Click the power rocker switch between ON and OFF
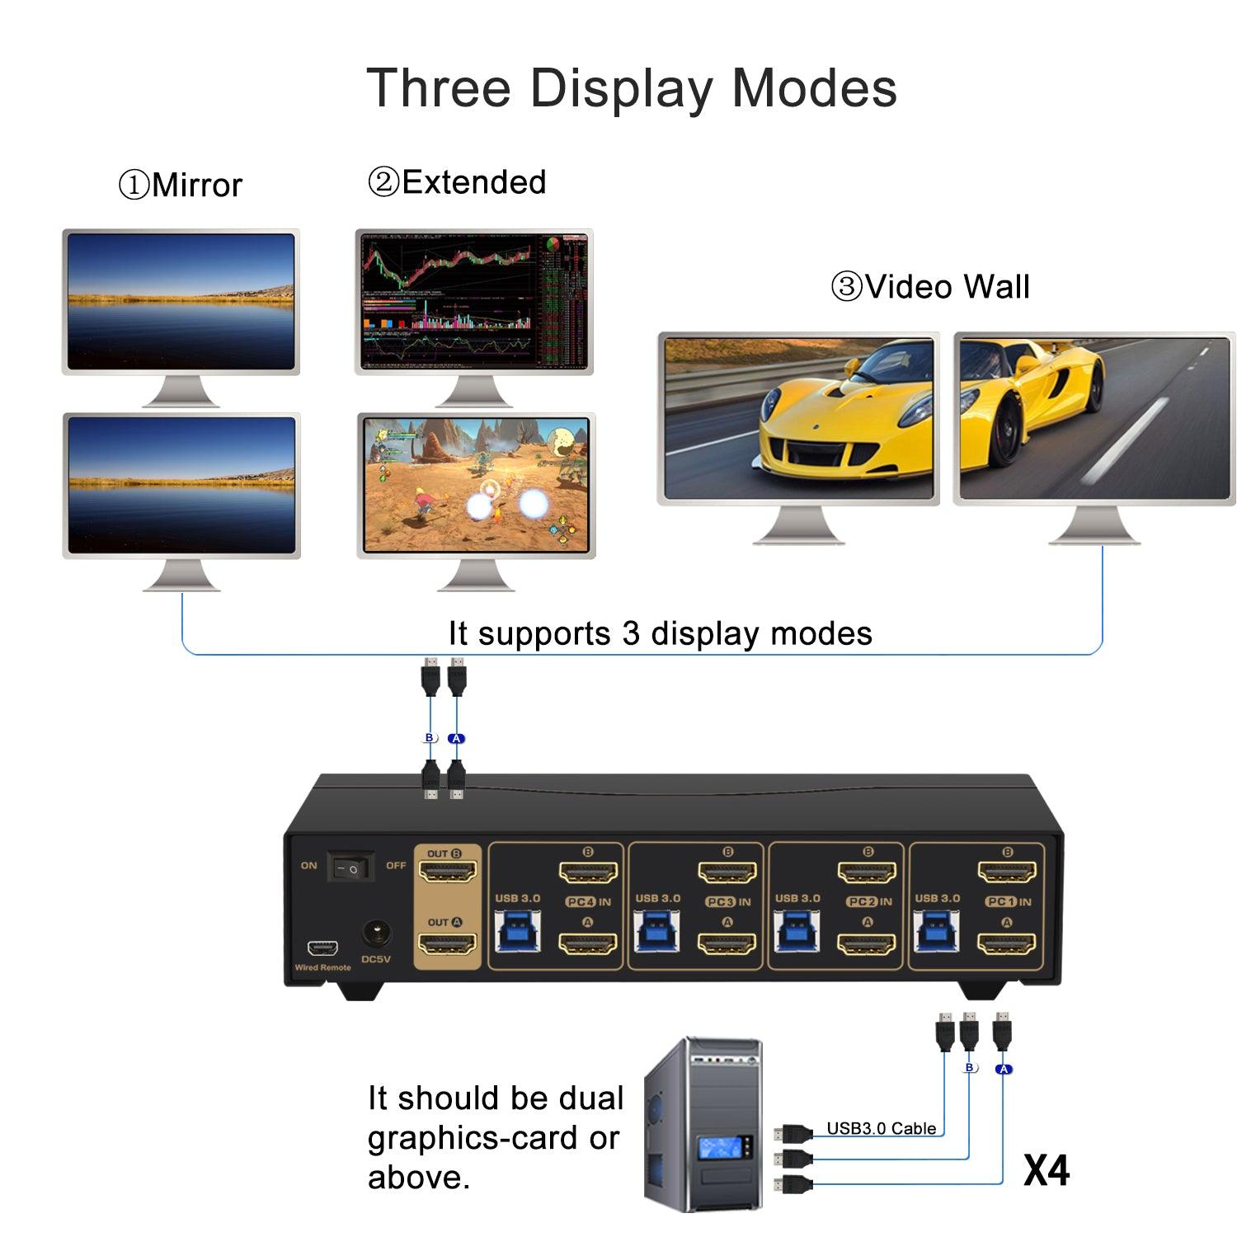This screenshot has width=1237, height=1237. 350,867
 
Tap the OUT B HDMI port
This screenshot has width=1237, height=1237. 449,871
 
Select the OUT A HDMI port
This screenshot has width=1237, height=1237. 449,943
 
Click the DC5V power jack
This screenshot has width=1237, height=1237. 376,934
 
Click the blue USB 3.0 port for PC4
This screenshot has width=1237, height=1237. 518,933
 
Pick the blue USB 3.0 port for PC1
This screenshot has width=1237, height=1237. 937,933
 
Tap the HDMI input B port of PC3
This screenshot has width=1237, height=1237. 727,872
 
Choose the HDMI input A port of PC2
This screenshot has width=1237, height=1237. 867,943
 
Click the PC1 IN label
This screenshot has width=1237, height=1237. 1008,902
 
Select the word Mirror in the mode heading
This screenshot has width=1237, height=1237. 196,186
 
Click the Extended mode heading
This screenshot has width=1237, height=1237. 458,182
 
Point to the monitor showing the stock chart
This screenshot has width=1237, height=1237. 474,301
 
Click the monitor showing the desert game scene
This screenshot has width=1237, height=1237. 476,485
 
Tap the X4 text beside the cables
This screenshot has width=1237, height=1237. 1046,1170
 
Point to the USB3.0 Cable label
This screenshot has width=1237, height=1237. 881,1128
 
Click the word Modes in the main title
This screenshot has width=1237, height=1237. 814,88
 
